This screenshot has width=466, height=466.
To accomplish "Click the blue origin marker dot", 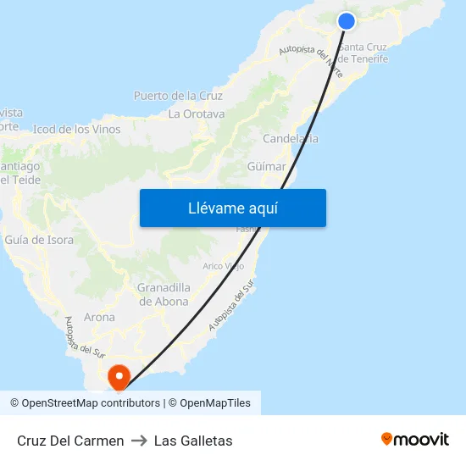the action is pos(346,21).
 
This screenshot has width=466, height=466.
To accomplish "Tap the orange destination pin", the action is pos(119,376).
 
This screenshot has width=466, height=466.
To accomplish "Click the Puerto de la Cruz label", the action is pos(178,96).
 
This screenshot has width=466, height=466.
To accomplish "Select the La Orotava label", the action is pos(196,114).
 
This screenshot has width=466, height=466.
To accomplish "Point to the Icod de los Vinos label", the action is pos(76,130).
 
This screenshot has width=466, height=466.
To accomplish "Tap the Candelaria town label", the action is pos(291,139).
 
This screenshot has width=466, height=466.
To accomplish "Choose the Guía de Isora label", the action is pos(39,240).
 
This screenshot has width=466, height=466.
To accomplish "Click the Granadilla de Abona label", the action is pos(164,294).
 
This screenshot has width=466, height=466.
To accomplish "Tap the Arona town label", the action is pos(99,317).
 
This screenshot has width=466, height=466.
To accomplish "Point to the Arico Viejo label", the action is pos(225,266).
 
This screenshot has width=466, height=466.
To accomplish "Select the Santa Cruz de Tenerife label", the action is pos(363,53).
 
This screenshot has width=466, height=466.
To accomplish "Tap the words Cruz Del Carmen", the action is pos(70,441).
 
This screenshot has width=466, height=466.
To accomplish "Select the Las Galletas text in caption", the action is pos(193,441).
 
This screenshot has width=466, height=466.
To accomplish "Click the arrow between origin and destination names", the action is pos(139,441).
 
